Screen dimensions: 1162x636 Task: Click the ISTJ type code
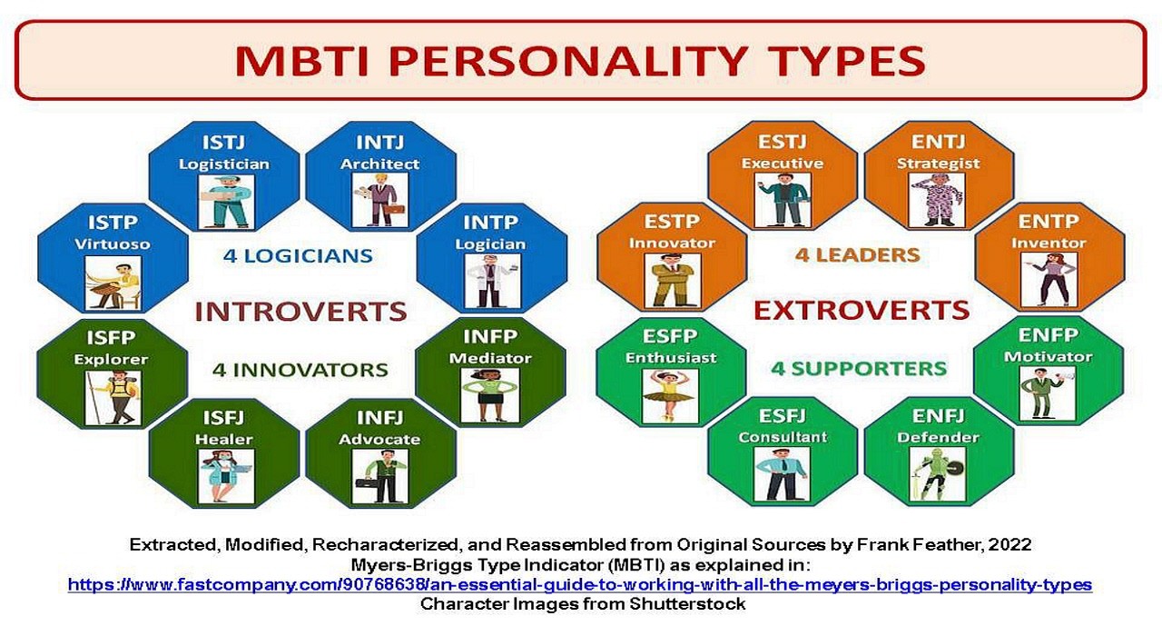click(223, 143)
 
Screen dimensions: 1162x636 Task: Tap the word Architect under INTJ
click(379, 164)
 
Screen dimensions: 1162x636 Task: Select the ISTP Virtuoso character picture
click(113, 284)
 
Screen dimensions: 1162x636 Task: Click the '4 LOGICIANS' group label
click(299, 255)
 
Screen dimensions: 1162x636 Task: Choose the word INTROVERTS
click(300, 312)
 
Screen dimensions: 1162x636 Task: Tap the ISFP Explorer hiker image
click(113, 398)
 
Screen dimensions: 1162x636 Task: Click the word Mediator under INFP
click(490, 358)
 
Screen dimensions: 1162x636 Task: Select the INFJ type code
click(379, 418)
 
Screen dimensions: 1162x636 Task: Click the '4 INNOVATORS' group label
click(300, 370)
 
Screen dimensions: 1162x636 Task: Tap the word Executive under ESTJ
click(783, 164)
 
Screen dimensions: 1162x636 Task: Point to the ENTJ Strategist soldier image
click(938, 201)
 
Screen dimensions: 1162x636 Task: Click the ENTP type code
click(1049, 222)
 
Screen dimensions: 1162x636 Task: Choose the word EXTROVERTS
click(862, 311)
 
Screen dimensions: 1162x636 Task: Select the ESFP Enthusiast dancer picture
click(670, 396)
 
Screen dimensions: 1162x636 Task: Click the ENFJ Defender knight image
click(938, 474)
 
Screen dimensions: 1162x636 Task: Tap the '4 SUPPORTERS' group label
click(859, 369)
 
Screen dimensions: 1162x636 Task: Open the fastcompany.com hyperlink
click(580, 584)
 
